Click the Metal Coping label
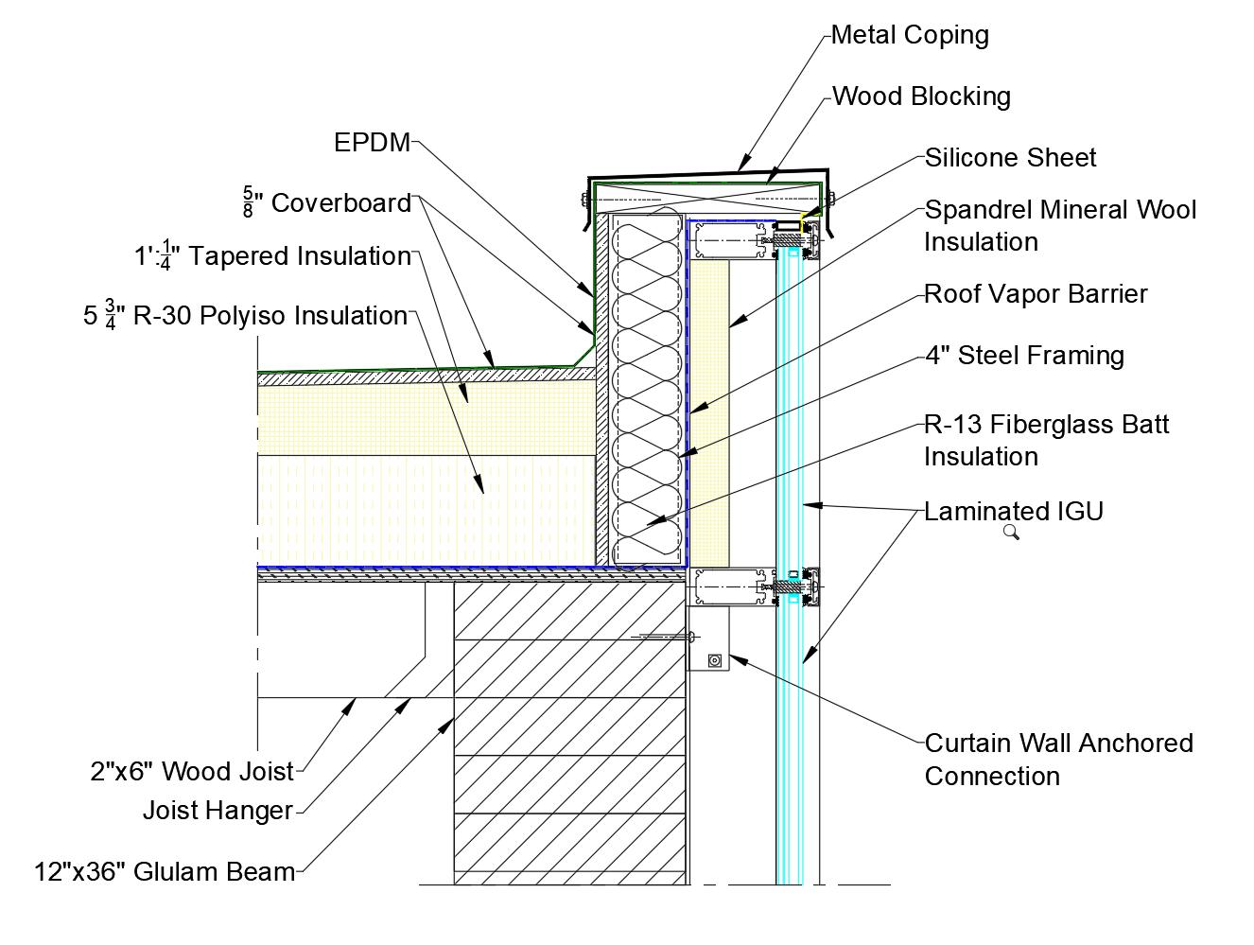(910, 35)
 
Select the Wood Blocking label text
(921, 96)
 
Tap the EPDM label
(372, 143)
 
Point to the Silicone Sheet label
(1010, 158)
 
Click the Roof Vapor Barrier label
(1036, 294)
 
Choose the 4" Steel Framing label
(1024, 356)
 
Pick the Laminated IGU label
(1014, 512)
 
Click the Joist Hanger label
(218, 811)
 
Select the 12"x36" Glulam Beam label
(165, 871)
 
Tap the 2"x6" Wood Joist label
(193, 772)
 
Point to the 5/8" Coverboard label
(327, 203)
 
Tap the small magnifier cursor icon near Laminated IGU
(1010, 533)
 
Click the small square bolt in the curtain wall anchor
(715, 660)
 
